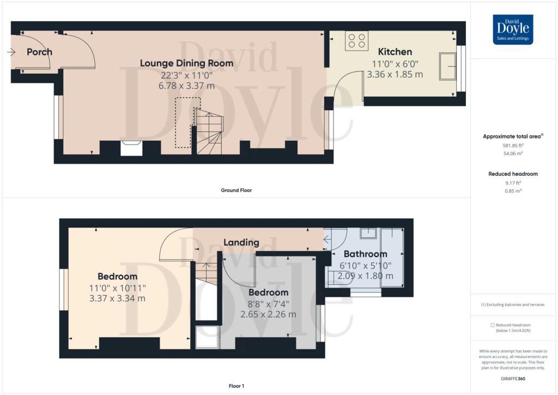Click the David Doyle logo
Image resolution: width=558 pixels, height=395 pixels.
513,29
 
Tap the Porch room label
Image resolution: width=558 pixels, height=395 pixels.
39,52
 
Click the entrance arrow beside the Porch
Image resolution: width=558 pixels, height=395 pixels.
11,52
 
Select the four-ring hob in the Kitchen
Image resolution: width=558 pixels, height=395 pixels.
356,41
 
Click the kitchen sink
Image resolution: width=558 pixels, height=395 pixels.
448,66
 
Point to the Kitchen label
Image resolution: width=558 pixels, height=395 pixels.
395,52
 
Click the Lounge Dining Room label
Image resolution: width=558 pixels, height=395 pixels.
186,63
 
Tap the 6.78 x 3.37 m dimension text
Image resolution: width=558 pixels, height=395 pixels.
186,86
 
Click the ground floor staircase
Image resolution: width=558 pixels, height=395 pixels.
209,131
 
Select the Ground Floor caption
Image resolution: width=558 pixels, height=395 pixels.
236,190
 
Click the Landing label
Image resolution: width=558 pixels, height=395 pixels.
241,243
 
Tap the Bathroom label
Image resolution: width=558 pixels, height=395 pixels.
366,254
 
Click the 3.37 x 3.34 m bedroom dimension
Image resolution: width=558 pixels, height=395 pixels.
118,298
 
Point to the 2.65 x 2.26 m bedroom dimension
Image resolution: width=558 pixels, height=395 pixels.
268,314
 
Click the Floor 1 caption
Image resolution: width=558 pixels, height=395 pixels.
236,386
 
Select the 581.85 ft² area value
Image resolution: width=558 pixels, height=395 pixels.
513,145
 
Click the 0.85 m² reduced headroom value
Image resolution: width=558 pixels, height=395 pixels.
513,191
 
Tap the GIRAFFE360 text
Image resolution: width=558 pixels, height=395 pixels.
513,379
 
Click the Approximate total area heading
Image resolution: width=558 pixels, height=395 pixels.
513,136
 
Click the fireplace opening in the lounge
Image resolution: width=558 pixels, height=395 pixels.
131,148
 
